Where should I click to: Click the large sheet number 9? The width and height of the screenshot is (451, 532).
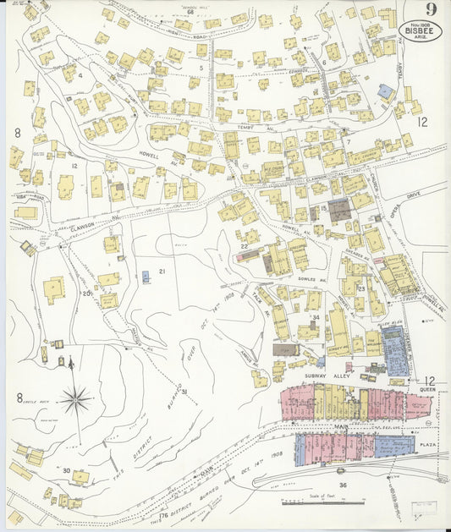[x=432, y=10]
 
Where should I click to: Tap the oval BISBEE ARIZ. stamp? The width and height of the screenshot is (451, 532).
[x=420, y=30]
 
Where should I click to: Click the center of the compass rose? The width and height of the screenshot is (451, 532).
[x=77, y=397]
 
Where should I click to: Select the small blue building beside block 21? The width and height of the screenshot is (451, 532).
[x=146, y=277]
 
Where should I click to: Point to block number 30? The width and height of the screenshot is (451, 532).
[x=65, y=469]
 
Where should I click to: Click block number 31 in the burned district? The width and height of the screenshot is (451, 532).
[x=183, y=392]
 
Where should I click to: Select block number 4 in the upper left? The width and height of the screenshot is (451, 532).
[x=80, y=74]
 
